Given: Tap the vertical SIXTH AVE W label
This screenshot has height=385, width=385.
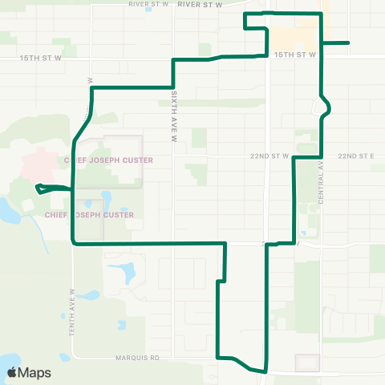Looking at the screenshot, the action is [x=172, y=115].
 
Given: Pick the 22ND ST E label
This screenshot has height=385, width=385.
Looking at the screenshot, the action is [x=356, y=156].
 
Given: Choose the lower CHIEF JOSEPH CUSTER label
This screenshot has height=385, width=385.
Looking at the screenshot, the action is [x=90, y=215].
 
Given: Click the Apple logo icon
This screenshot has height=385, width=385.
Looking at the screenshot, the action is [x=12, y=372].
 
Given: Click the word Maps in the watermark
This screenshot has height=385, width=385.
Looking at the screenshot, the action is [x=35, y=372].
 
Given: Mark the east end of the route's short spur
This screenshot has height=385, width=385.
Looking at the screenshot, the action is [x=348, y=43].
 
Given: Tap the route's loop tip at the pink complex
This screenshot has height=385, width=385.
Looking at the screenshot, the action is [x=38, y=188].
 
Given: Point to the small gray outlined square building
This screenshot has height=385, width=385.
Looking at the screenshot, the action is [x=307, y=363].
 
